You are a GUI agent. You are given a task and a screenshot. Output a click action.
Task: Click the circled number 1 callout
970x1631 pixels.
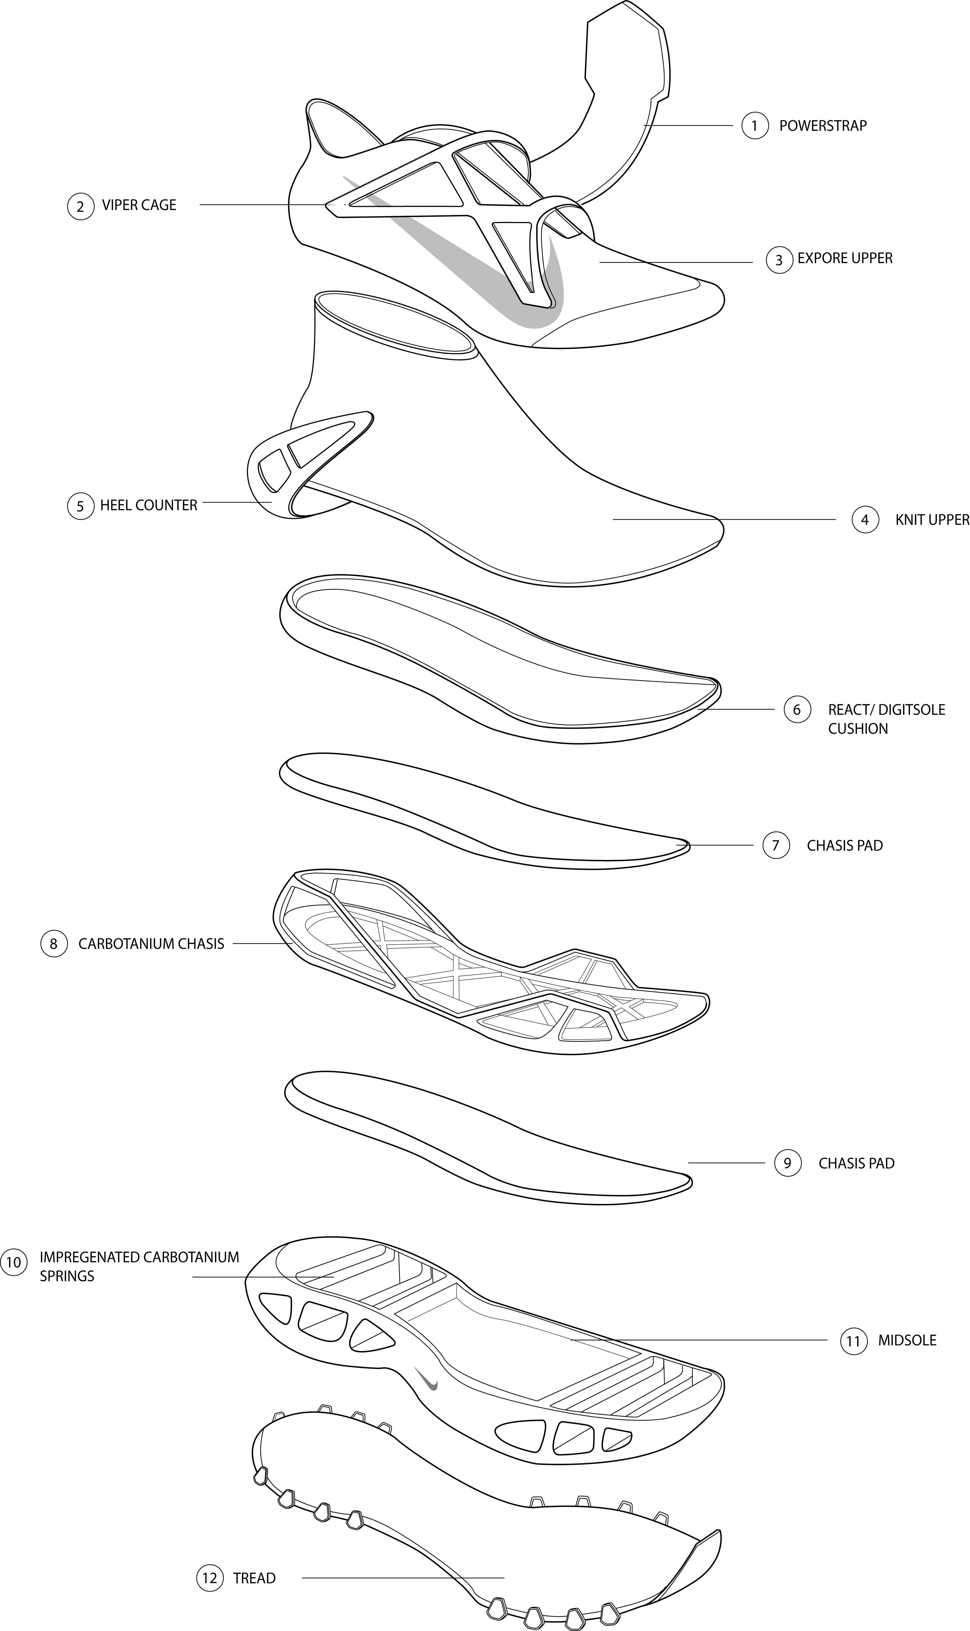[755, 126]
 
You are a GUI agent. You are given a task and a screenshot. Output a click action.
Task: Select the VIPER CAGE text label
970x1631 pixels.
[139, 205]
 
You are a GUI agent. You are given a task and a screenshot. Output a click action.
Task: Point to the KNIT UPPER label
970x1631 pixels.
[931, 519]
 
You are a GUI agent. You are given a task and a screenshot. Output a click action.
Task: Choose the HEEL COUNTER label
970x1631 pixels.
[148, 505]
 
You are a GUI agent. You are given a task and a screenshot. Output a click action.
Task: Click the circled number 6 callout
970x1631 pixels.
[797, 710]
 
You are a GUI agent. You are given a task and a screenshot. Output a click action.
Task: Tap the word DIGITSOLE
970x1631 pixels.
[912, 710]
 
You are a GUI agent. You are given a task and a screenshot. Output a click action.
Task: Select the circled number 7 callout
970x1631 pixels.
[776, 846]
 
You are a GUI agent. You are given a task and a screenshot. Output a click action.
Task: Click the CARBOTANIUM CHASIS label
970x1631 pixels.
[151, 944]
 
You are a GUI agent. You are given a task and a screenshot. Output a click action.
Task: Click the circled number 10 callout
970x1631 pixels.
[13, 1262]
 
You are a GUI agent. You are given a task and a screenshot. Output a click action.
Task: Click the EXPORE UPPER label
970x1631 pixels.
[844, 258]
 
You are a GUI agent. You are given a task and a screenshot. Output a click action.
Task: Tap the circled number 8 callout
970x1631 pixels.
[54, 944]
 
